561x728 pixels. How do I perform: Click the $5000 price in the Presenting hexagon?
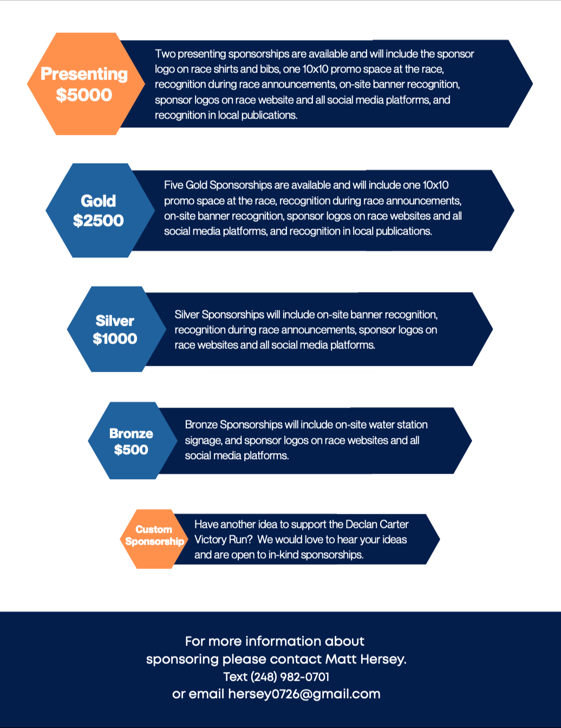coord(84,95)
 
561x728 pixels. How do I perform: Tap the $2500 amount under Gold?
coord(99,221)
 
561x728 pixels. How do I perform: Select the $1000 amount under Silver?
coord(115,339)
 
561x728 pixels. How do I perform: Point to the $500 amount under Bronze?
coord(131,449)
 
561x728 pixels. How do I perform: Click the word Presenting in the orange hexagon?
coord(84,74)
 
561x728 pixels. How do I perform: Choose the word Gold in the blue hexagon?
coord(99,201)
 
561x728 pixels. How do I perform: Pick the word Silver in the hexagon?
coord(115,321)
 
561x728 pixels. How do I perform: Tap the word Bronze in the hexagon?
coord(131,434)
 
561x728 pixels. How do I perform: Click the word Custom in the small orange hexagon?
coord(154,530)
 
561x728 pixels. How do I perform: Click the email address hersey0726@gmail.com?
coord(304,694)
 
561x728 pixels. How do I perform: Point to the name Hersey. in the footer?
coord(383,659)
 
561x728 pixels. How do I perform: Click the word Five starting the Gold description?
coord(173,185)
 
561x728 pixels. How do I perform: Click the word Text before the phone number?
coord(236,677)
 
